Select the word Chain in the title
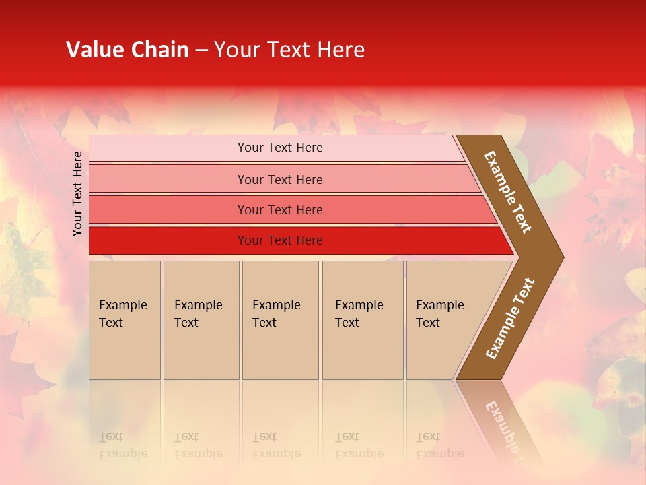159,50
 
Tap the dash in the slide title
201,51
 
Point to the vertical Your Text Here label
77,193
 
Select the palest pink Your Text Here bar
279,148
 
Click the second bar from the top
279,179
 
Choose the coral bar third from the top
279,209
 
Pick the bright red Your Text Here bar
279,240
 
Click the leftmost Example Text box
124,320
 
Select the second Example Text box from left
201,320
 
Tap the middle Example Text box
280,320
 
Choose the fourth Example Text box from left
363,320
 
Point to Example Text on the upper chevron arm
508,192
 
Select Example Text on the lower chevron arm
510,318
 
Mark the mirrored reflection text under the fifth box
439,445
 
